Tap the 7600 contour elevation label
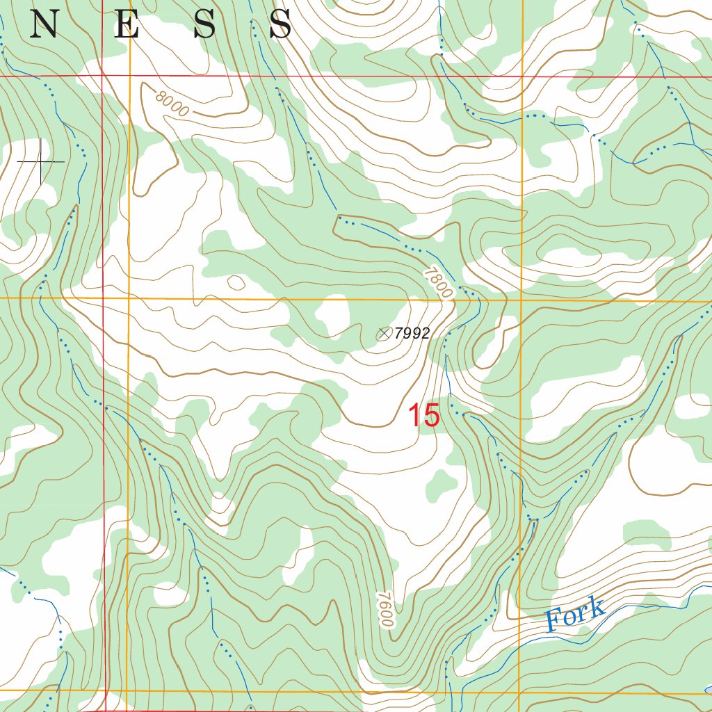click(387, 610)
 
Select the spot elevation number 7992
click(412, 334)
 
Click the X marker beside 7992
click(383, 334)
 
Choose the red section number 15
click(423, 416)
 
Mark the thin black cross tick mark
click(42, 161)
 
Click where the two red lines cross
click(103, 75)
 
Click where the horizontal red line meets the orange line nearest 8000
click(129, 75)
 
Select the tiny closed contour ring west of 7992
click(236, 282)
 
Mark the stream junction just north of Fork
click(533, 519)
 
